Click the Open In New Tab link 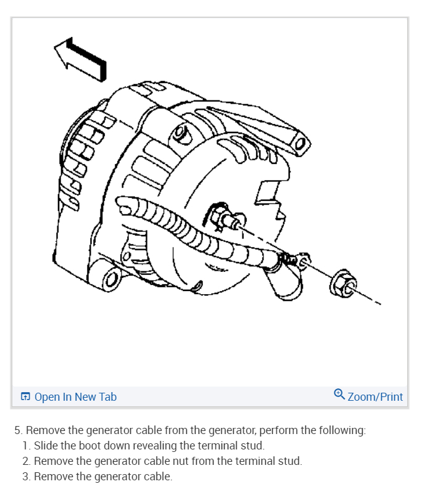pyautogui.click(x=75, y=397)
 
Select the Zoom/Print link pyautogui.click(x=375, y=397)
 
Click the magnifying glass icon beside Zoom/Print pyautogui.click(x=339, y=394)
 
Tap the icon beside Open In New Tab pyautogui.click(x=26, y=397)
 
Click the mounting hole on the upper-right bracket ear pyautogui.click(x=300, y=145)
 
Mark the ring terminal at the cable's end pyautogui.click(x=302, y=261)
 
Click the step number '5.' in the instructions pyautogui.click(x=19, y=430)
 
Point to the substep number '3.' pyautogui.click(x=26, y=477)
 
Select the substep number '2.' pyautogui.click(x=26, y=461)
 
